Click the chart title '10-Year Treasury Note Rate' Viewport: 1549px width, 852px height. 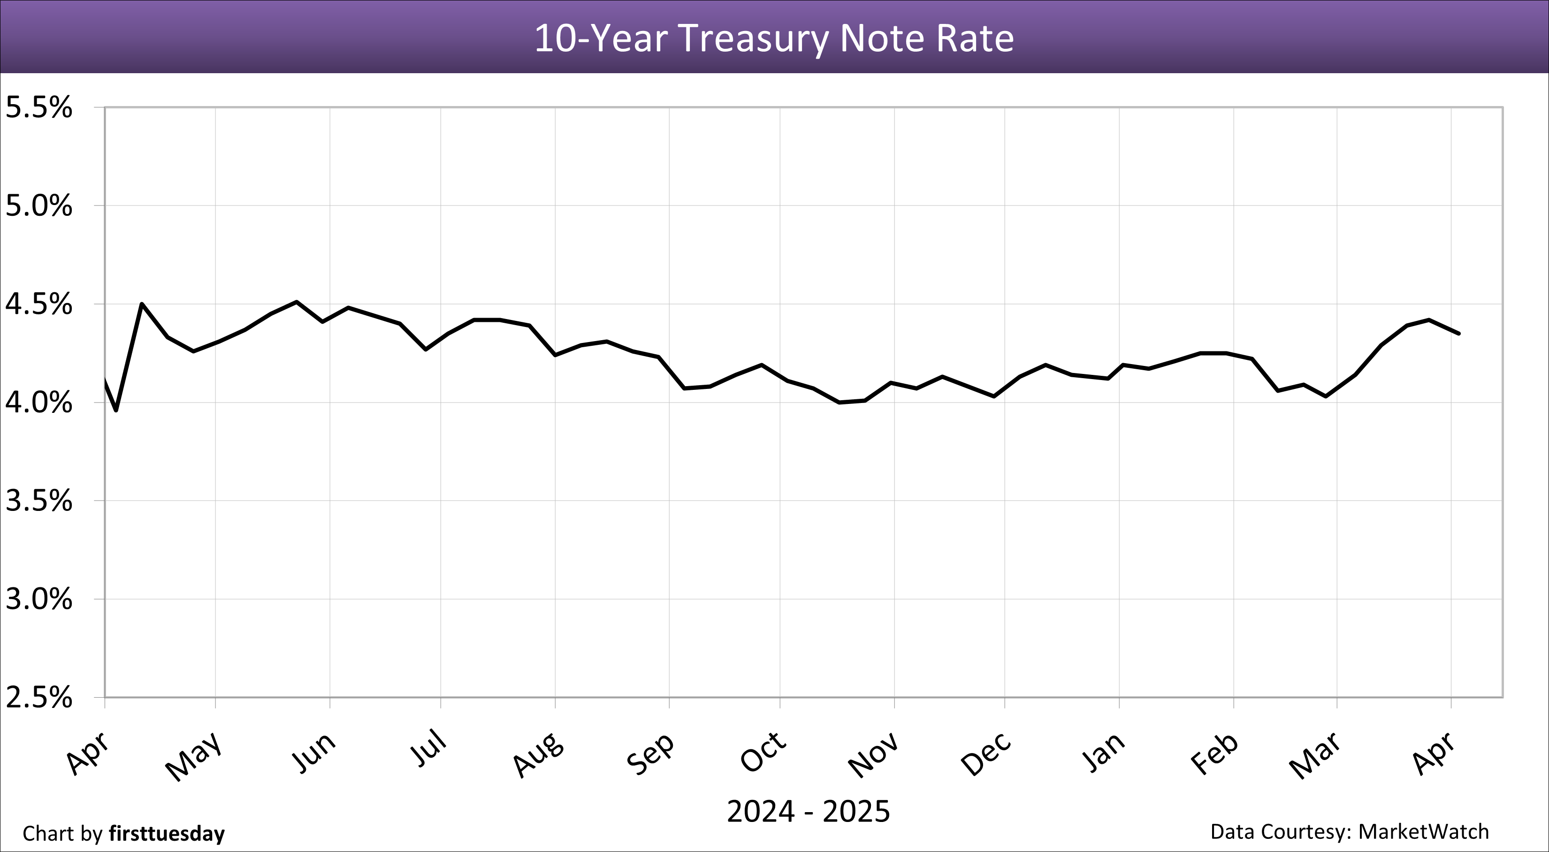pyautogui.click(x=774, y=38)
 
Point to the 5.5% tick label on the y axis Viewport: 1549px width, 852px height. pyautogui.click(x=38, y=108)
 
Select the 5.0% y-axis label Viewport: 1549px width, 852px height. pyautogui.click(x=38, y=206)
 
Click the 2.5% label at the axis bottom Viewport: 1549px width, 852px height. pyautogui.click(x=38, y=698)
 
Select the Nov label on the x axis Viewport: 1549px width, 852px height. pyautogui.click(x=873, y=755)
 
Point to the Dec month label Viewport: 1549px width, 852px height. pyautogui.click(x=986, y=754)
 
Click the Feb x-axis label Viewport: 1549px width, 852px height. pyautogui.click(x=1215, y=754)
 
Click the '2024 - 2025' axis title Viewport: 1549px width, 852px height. pyautogui.click(x=808, y=812)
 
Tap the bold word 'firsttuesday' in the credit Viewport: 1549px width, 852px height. pyautogui.click(x=167, y=833)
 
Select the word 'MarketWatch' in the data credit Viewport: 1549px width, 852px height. pyautogui.click(x=1423, y=831)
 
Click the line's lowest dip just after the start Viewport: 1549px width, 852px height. pyautogui.click(x=116, y=411)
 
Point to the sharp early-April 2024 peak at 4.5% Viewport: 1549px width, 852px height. pyautogui.click(x=141, y=304)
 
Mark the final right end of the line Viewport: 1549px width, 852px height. pyautogui.click(x=1459, y=333)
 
